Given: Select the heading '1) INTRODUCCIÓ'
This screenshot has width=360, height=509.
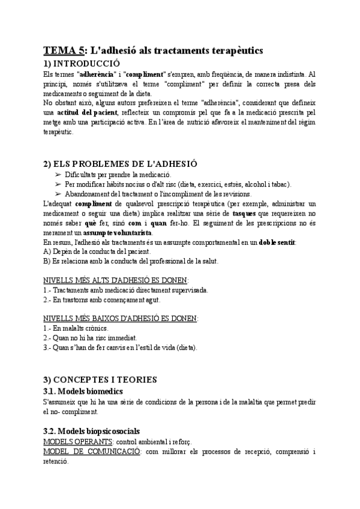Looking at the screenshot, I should coord(82,63).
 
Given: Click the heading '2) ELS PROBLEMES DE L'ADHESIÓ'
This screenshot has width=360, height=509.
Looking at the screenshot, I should coord(120,163).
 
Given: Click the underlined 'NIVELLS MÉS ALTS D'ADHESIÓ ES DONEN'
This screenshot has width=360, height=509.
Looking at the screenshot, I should coord(116,280).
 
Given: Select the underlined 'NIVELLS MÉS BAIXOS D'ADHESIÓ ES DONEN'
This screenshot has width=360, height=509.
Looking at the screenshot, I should coord(121,319).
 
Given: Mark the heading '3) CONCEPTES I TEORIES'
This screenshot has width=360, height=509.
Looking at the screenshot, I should coord(99,379).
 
